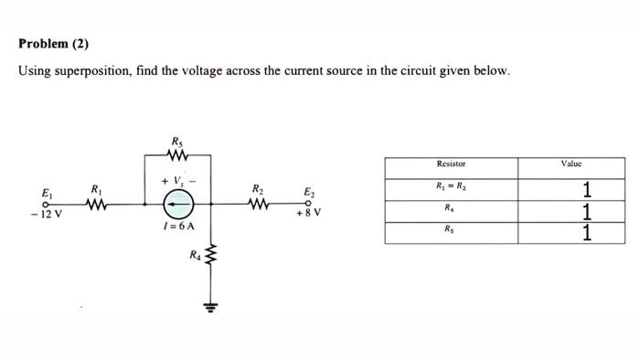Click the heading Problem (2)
point(54,44)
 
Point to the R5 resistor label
point(176,141)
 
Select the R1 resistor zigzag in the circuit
point(97,204)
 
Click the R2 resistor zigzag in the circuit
point(260,204)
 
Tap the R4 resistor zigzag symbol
point(212,256)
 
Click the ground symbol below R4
point(212,307)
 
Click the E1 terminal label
point(47,193)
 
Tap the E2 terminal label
point(309,193)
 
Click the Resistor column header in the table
point(451,164)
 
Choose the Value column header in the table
point(571,164)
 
